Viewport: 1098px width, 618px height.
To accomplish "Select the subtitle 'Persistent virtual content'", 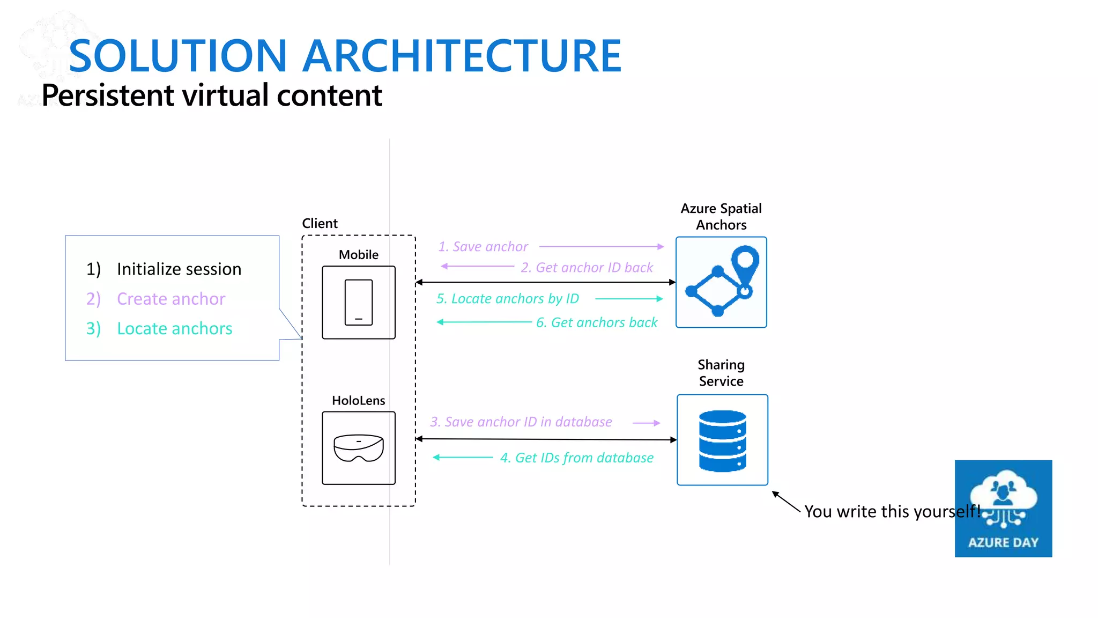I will click(211, 95).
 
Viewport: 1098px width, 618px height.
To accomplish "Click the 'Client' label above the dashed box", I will click(320, 223).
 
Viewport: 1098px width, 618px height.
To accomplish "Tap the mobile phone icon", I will click(359, 303).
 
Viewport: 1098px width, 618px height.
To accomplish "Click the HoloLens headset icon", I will click(359, 448).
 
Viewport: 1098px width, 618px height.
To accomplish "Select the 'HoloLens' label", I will click(358, 400).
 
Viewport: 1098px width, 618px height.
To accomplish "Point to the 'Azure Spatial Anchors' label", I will click(721, 216).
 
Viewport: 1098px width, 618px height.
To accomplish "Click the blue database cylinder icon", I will click(722, 440).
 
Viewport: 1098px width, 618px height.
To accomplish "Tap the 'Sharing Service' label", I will click(721, 373).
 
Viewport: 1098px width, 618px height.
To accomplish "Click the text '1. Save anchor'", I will click(483, 247).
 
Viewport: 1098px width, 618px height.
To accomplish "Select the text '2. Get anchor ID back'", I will click(587, 267).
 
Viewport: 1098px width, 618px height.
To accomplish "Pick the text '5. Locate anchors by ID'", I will click(507, 299).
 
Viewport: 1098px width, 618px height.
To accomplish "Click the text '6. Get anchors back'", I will click(596, 322).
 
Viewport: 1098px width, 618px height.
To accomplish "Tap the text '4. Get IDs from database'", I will click(576, 458).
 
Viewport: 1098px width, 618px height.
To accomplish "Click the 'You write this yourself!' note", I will click(892, 511).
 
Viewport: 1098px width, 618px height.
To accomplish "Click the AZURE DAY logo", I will click(1003, 508).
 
